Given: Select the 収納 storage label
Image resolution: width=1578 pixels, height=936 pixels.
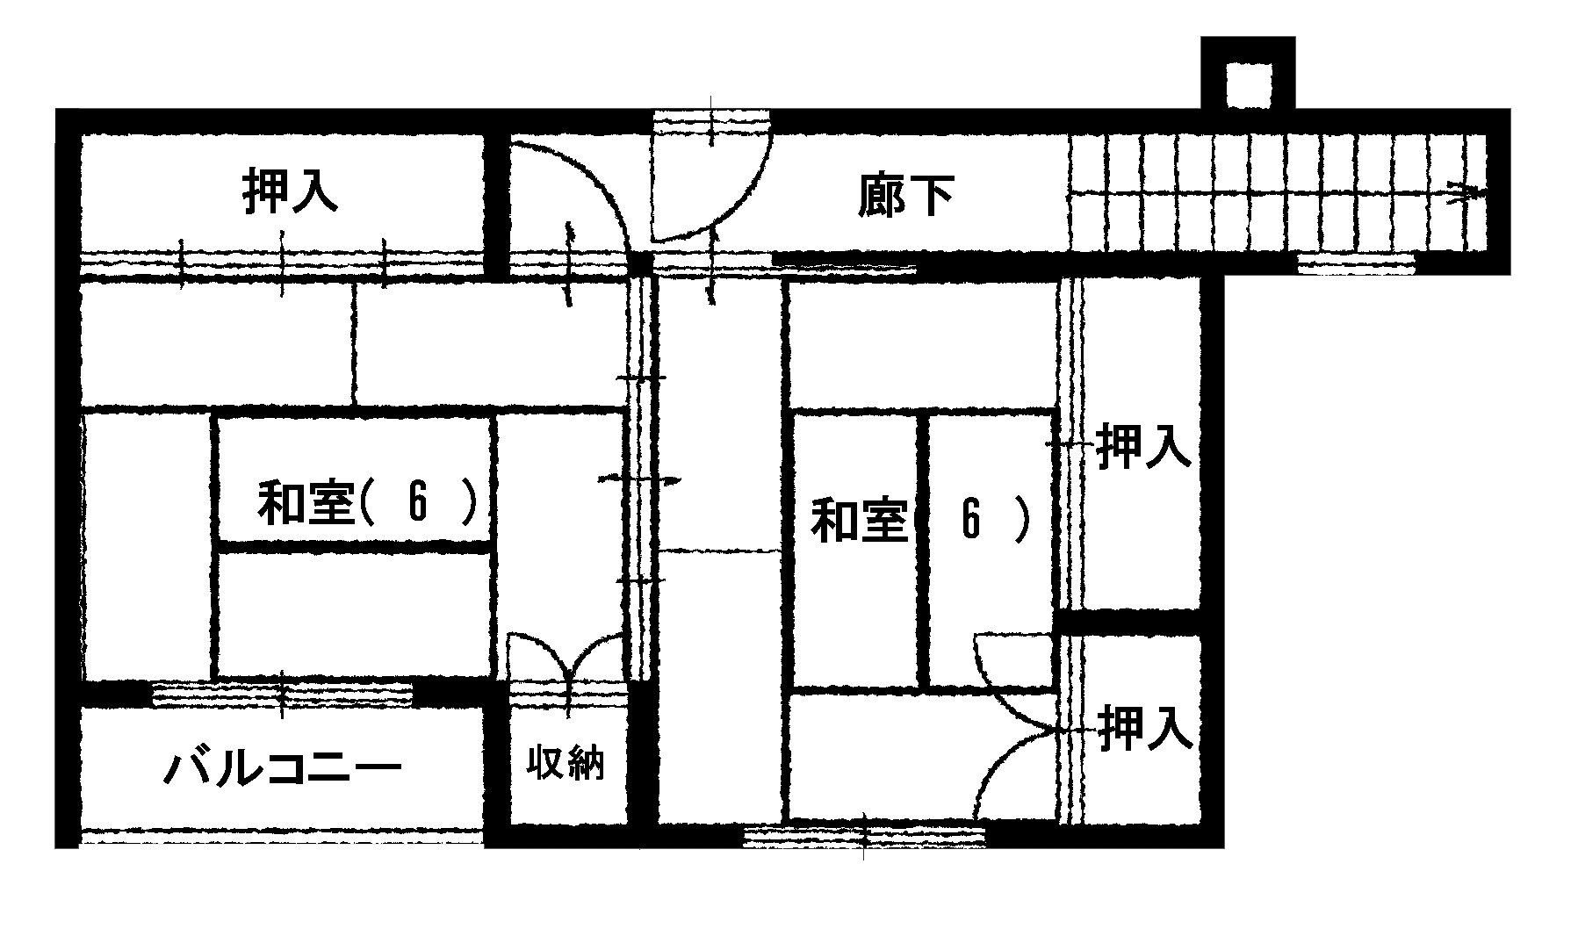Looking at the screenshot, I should coord(566,762).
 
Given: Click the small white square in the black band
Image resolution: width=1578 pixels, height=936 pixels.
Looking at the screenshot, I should coord(1249,86).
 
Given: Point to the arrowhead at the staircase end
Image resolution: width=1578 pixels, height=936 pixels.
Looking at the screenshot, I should coord(1466,192).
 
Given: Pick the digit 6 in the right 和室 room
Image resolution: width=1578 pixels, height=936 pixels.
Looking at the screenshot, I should coord(970,517).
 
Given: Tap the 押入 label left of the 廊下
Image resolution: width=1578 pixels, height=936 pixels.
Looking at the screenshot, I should coord(290,191).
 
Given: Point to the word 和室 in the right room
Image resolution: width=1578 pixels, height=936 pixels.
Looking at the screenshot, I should coord(858,520).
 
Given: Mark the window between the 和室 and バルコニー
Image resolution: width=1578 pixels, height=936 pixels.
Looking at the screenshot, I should coord(282,695).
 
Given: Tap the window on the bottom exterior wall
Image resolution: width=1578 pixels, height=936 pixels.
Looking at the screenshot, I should coord(864,835).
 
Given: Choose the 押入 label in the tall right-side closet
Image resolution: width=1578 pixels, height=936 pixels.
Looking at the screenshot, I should coord(1143,445).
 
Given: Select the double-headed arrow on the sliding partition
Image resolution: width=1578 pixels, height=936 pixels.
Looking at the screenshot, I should coord(639,480).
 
